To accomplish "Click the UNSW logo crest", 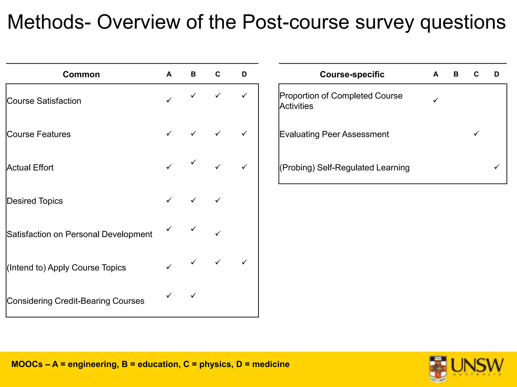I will click(x=438, y=368).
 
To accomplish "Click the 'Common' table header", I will click(x=81, y=74).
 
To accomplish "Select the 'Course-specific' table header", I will click(x=352, y=74).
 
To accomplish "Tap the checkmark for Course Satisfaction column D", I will click(x=244, y=95).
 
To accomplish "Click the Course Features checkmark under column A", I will click(x=169, y=133).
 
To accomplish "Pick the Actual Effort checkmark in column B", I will click(x=193, y=162).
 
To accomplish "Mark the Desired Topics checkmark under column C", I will click(x=218, y=200).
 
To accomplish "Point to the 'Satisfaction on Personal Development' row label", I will click(x=79, y=234).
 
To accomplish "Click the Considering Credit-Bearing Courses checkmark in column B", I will click(x=193, y=295).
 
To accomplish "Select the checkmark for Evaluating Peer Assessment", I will click(x=476, y=133).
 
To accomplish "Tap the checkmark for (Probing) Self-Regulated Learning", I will click(x=497, y=167).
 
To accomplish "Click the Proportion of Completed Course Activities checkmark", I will click(x=435, y=100).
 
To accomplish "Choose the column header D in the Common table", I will click(x=244, y=74).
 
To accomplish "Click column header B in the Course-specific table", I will click(x=456, y=74).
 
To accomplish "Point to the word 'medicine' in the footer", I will click(x=271, y=364).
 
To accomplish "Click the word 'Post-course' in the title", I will click(x=296, y=22).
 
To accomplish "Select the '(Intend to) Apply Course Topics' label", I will click(x=66, y=268).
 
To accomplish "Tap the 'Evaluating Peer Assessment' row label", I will click(x=334, y=134).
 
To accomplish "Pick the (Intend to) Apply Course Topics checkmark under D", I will click(x=244, y=262).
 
